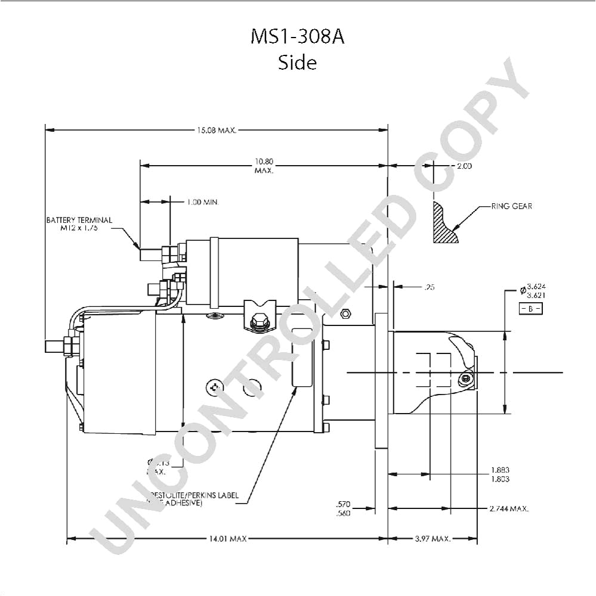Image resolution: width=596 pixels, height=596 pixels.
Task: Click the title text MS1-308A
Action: pyautogui.click(x=297, y=37)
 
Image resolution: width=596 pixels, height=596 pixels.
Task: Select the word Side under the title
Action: pyautogui.click(x=297, y=62)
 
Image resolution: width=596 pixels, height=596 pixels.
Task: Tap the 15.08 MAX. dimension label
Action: pyautogui.click(x=217, y=130)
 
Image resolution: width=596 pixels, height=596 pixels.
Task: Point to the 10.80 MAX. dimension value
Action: pyautogui.click(x=264, y=166)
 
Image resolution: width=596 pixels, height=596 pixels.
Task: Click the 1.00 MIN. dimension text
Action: pyautogui.click(x=203, y=203)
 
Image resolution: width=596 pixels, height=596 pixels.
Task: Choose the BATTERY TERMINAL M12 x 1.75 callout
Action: pyautogui.click(x=79, y=224)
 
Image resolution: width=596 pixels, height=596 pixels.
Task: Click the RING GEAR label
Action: pyautogui.click(x=511, y=206)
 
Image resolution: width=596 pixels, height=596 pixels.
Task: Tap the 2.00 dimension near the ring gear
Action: pyautogui.click(x=464, y=166)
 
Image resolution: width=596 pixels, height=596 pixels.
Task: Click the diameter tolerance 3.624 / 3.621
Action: pyautogui.click(x=535, y=291)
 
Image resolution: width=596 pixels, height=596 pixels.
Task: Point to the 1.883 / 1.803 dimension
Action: pyautogui.click(x=500, y=474)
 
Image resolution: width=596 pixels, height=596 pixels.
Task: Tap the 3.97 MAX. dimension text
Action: pyautogui.click(x=432, y=539)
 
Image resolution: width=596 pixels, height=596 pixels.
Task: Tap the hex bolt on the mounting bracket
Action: pyautogui.click(x=258, y=322)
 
